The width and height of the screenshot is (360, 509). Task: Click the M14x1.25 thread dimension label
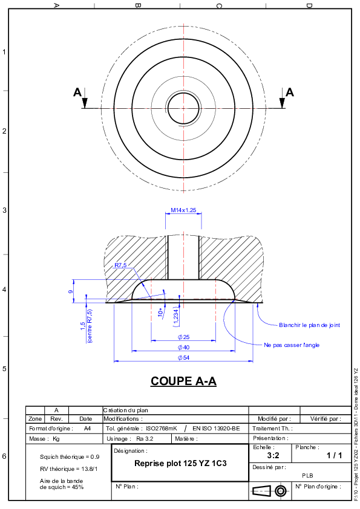183,210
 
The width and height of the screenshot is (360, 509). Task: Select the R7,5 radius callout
120,265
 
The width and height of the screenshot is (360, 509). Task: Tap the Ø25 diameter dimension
183,337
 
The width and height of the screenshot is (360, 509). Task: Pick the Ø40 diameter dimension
183,348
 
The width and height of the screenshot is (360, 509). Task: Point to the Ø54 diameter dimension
183,358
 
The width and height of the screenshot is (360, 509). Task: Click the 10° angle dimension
161,313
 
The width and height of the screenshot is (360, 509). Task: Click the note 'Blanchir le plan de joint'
310,325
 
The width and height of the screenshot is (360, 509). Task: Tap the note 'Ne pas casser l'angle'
292,345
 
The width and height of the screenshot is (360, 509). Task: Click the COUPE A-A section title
183,381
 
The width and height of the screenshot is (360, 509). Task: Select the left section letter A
77,92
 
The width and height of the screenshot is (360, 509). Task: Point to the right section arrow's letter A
290,92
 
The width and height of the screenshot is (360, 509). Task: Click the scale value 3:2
273,455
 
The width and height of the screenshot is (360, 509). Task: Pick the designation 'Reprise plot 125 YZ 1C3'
181,463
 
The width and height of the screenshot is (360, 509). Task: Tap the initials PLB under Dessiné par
307,476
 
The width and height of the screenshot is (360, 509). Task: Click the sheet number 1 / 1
335,455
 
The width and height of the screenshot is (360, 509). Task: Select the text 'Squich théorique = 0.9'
70,457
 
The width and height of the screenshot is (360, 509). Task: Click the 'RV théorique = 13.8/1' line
68,468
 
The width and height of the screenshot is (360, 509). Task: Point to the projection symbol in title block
269,491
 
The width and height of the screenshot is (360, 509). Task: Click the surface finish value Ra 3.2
145,439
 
